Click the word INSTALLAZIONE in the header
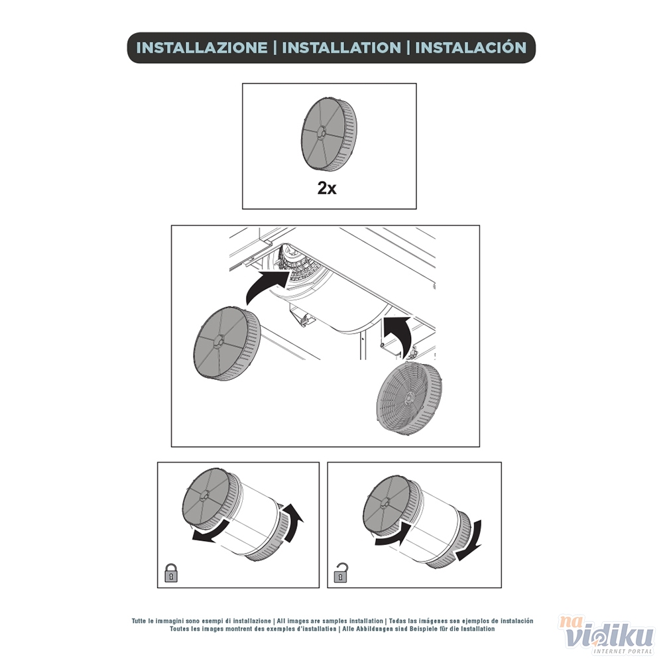[202, 47]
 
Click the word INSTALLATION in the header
[341, 47]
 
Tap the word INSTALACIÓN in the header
[471, 47]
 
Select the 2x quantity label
[327, 188]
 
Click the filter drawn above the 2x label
[329, 134]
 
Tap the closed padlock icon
[171, 573]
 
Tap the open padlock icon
[341, 573]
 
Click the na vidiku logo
[607, 636]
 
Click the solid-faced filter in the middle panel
[227, 343]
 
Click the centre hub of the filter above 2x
[321, 134]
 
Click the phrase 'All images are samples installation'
[330, 621]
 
